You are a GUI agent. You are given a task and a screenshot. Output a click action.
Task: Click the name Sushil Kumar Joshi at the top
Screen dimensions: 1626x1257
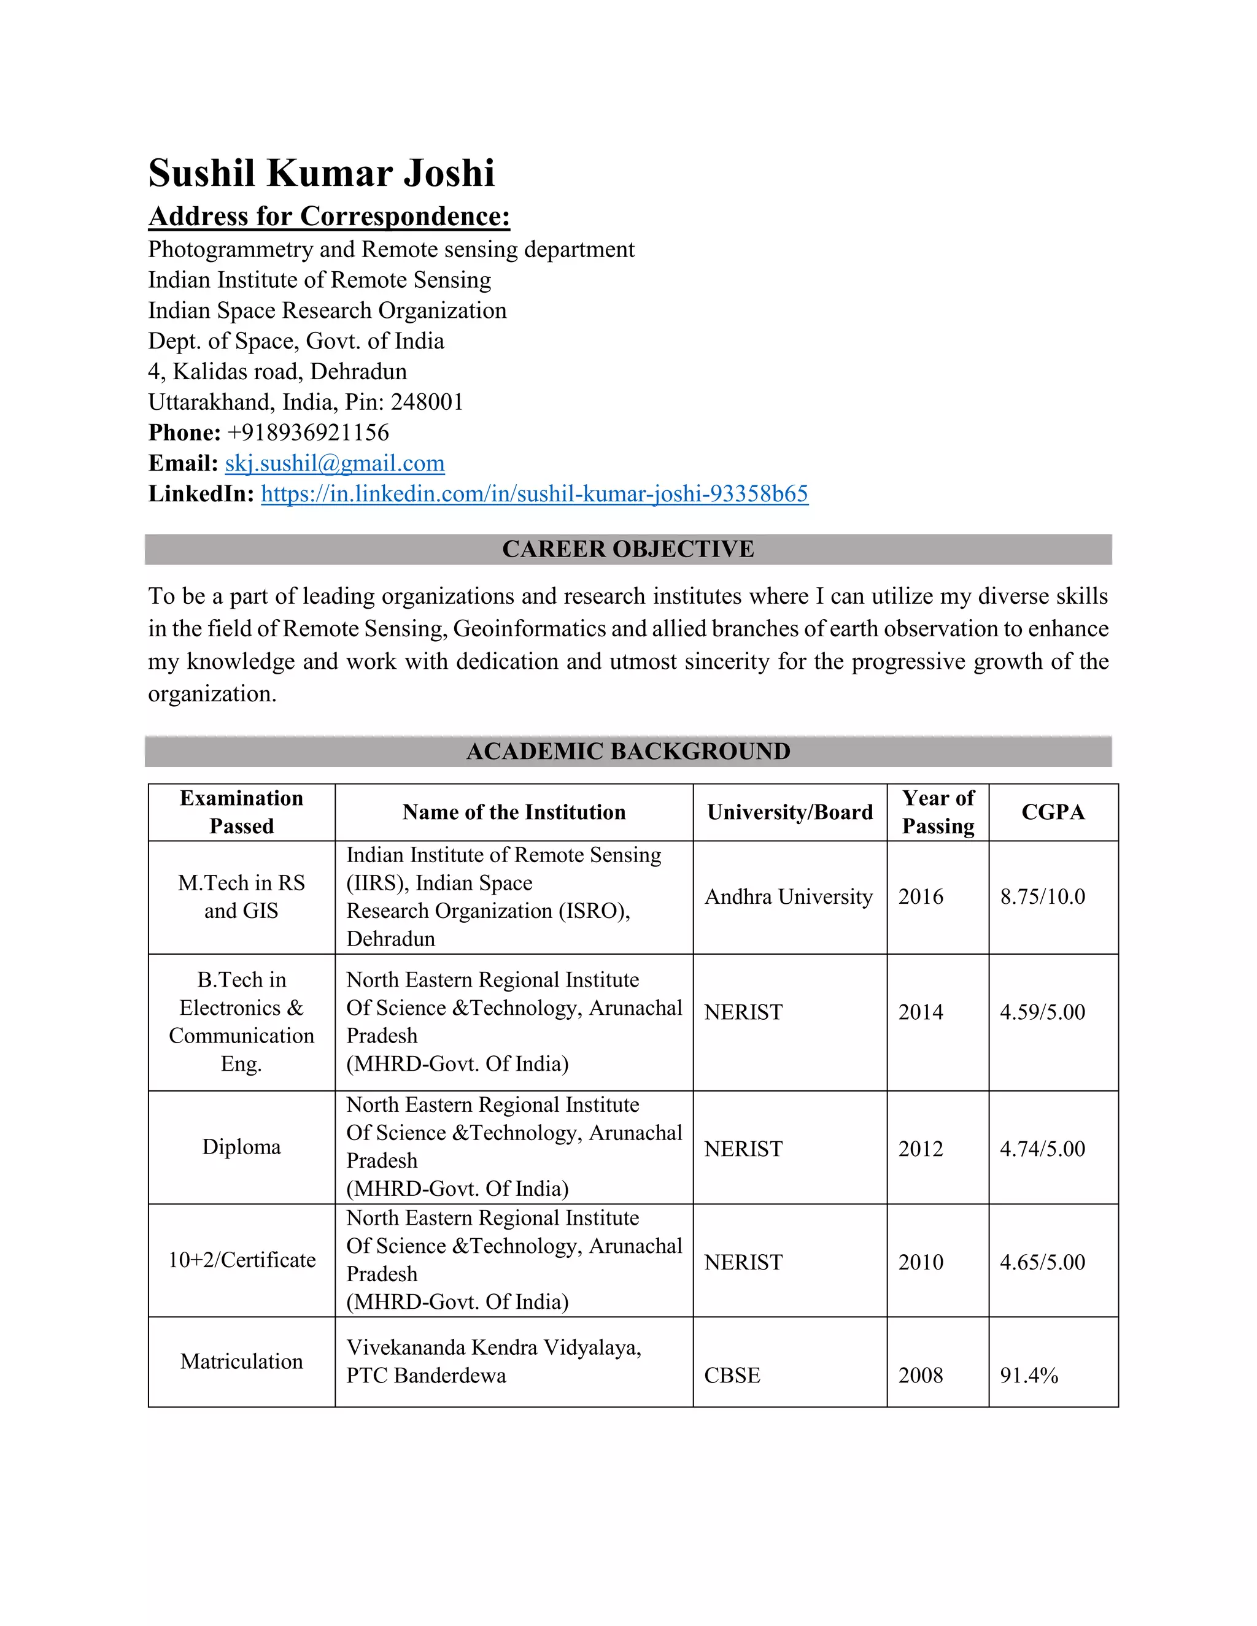[321, 173]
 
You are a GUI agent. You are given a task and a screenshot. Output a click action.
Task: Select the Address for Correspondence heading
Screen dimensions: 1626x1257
[329, 216]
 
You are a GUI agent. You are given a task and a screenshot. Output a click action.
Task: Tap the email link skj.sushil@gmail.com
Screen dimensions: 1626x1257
[335, 463]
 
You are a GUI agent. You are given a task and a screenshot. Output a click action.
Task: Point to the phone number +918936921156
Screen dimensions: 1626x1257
[307, 433]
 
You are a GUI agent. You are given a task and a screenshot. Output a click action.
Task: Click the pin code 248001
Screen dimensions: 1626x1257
[427, 402]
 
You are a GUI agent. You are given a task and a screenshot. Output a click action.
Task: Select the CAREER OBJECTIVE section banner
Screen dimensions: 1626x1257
[628, 549]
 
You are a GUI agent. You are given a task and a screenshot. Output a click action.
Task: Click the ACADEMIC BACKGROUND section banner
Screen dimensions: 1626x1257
[628, 751]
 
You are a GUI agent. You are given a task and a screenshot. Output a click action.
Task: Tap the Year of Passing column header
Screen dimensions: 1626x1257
[938, 812]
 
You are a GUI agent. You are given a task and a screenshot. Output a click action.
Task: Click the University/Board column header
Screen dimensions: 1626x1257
[789, 812]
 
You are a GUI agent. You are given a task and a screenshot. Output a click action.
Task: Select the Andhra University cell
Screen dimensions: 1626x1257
[788, 896]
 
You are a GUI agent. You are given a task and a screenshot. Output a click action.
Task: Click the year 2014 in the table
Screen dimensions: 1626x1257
[921, 1012]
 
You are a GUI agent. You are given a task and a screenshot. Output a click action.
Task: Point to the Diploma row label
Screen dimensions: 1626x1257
[241, 1147]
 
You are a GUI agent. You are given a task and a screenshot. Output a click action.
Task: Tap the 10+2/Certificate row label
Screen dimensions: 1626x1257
[241, 1260]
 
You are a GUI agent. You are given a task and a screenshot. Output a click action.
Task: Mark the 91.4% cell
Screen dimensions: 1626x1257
[1029, 1375]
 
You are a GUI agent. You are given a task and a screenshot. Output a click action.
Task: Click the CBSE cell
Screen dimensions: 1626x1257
[732, 1375]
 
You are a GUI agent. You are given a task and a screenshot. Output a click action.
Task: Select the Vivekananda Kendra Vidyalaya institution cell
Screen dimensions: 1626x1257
[493, 1361]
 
